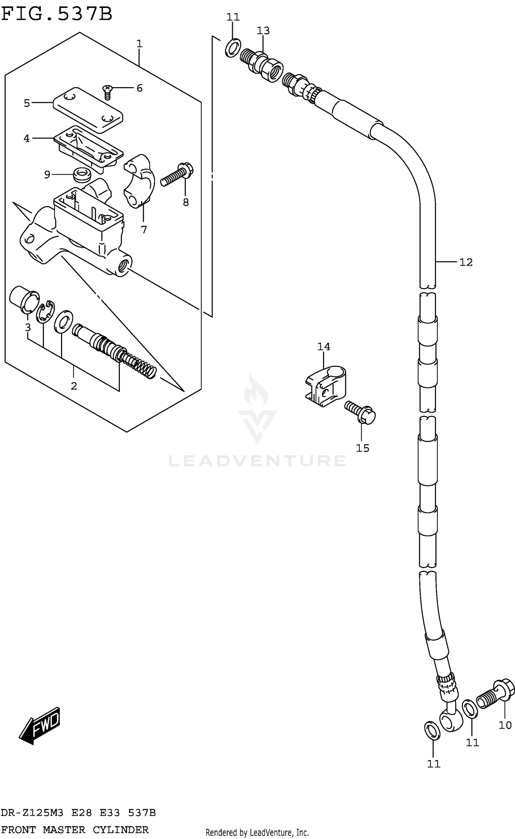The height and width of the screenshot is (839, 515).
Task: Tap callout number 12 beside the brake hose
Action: [x=466, y=262]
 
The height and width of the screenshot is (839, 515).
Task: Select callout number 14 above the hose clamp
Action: [x=323, y=347]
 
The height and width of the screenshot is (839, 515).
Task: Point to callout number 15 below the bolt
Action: [x=363, y=448]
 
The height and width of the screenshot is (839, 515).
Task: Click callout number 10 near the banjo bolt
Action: [x=505, y=725]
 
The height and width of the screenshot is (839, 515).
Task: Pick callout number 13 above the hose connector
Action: [x=263, y=31]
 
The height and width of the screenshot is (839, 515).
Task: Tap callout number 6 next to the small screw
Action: [x=139, y=88]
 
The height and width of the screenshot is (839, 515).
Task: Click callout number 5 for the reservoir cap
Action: [x=27, y=103]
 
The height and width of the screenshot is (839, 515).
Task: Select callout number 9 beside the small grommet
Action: [x=47, y=175]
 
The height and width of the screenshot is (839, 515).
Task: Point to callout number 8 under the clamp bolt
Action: [x=186, y=202]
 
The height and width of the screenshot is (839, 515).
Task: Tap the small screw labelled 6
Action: [x=107, y=92]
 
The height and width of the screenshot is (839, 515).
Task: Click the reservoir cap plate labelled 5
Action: [x=88, y=110]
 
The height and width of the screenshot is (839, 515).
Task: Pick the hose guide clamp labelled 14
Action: [x=325, y=387]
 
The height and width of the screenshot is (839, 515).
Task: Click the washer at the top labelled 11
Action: [x=233, y=48]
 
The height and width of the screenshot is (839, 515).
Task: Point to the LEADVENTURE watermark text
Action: [x=257, y=461]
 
